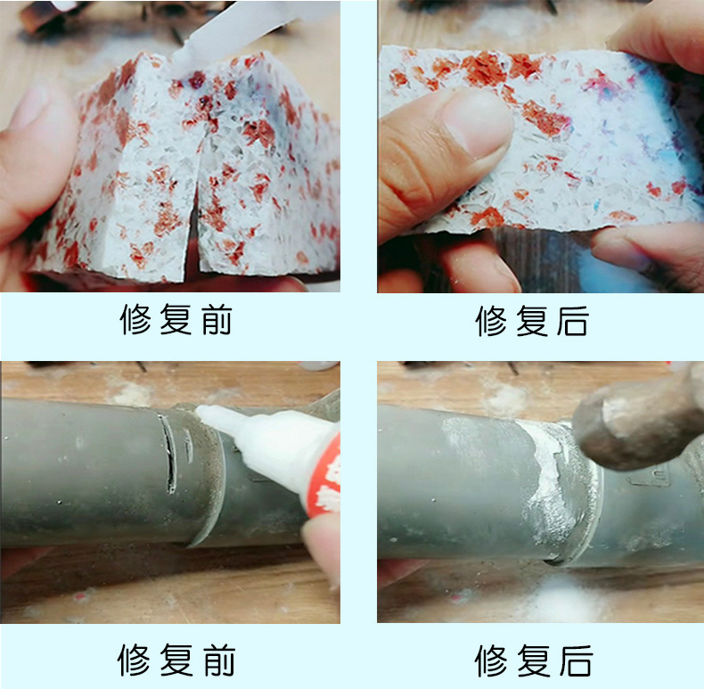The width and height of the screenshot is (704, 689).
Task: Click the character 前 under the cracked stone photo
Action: [x=216, y=321]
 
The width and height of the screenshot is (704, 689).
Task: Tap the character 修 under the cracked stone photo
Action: [x=135, y=321]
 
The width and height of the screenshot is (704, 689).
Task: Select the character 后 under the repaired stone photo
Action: [x=571, y=321]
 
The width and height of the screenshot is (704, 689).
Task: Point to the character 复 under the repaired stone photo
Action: [x=531, y=321]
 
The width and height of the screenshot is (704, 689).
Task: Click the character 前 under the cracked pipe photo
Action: [x=216, y=660]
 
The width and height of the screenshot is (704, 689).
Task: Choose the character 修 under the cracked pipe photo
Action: [x=135, y=660]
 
